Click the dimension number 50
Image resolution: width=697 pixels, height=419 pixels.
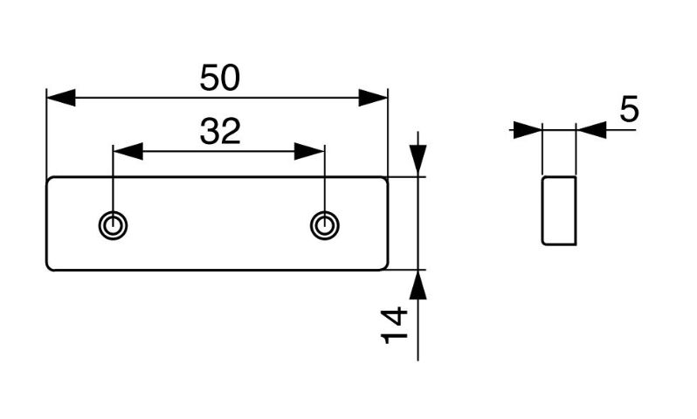219,78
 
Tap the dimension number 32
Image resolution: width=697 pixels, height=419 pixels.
220,132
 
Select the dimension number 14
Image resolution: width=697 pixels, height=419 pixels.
394,325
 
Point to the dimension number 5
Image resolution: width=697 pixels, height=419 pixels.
629,109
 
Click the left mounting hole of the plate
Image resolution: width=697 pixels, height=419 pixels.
113,225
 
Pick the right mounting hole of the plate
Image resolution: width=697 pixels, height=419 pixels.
325,225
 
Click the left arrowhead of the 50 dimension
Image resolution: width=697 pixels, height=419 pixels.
61,98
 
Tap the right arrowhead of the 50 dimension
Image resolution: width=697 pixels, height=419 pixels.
373,98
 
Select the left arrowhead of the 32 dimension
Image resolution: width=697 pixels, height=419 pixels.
128,152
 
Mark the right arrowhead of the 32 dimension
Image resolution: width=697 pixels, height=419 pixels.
309,152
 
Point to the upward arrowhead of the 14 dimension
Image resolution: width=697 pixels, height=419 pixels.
418,285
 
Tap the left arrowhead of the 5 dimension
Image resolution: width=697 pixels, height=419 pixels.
528,130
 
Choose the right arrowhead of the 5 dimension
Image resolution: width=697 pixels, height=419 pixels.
591,130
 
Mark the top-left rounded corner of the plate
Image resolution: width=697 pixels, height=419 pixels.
48,179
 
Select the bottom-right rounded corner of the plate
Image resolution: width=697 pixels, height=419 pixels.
386,267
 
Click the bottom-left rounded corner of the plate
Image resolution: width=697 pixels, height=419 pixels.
48,267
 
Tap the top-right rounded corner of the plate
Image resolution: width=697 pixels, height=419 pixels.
386,179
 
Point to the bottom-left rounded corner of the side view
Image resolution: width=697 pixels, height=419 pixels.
543,243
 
